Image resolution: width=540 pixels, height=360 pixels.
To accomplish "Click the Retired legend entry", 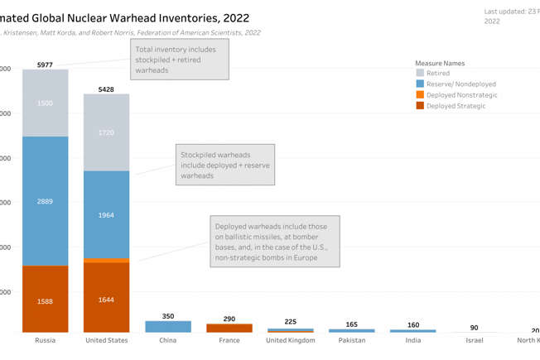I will pos(438,74).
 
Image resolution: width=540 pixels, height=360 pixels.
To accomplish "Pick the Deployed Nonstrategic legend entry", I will pos(461,95).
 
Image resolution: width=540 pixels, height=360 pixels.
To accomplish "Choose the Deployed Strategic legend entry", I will pos(456,106).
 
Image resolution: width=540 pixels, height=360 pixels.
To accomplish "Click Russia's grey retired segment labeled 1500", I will pos(45,103).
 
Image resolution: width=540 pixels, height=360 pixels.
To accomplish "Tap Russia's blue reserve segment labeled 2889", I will pos(45,201).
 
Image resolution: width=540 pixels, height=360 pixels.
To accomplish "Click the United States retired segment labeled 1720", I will pos(106,132).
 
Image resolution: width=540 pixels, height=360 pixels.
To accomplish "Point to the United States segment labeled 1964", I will pos(106,215).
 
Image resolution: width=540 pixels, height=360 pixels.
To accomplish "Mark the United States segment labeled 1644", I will pos(106,298).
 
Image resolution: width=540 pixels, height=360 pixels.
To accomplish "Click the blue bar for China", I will pos(167,327).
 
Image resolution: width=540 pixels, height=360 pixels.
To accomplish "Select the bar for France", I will pos(229,329).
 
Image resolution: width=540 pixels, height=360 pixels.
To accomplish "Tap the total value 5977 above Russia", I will pos(45,65).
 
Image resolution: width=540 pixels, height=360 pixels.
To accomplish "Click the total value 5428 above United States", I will pos(106,89).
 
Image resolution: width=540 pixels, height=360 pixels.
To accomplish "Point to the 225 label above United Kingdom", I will pos(290,322).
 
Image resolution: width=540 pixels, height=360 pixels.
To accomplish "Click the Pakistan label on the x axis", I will pos(351,341).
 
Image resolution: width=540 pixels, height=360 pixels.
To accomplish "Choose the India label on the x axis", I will pos(412,341).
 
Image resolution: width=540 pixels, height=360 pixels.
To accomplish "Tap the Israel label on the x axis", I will pos(474,341).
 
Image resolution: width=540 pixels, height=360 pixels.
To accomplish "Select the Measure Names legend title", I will pos(439,63).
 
